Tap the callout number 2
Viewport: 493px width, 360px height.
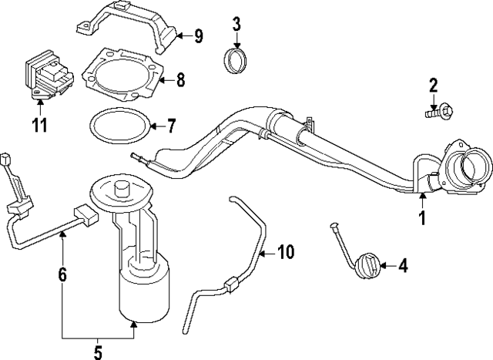coord(433,85)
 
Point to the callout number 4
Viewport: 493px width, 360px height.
coord(403,267)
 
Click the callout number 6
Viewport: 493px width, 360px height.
coord(62,273)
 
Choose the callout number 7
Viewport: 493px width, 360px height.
coord(171,123)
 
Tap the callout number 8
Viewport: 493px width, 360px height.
coord(180,79)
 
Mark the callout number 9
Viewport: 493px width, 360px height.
coord(198,35)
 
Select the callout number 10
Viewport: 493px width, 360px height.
coord(286,251)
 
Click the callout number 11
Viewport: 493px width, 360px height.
coord(39,124)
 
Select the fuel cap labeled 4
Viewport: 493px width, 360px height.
coord(364,267)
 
